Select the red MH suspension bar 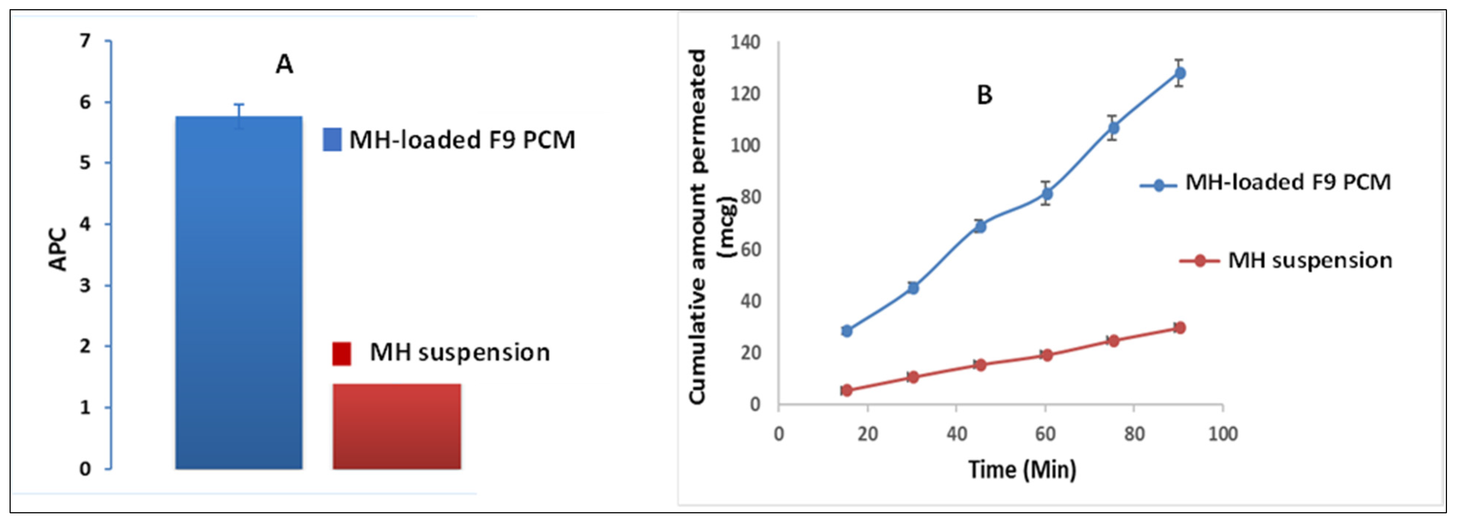tap(397, 426)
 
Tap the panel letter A tap(284, 64)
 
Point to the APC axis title tap(58, 249)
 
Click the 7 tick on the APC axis tap(85, 41)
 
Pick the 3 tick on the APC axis tap(85, 285)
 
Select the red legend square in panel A tap(341, 354)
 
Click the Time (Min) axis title tap(1022, 470)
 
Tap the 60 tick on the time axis tap(1045, 434)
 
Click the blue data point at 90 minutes tap(1179, 73)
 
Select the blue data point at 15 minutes tap(847, 331)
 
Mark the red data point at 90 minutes tap(1179, 327)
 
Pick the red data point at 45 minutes tap(980, 365)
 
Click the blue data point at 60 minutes tap(1047, 194)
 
